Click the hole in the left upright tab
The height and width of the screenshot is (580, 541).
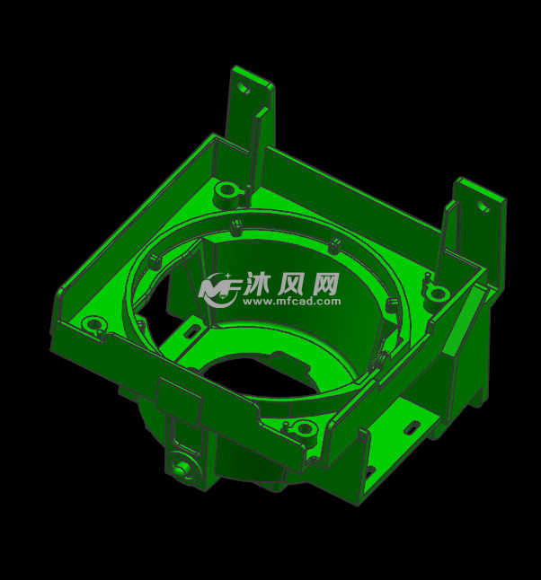[x=243, y=90]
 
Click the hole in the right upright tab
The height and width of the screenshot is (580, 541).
[x=483, y=207]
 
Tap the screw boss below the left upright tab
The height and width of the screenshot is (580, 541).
[x=225, y=190]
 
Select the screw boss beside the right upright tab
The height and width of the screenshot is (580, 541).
[x=438, y=294]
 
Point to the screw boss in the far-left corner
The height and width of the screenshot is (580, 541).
[x=91, y=323]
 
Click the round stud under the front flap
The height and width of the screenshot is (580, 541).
[x=184, y=467]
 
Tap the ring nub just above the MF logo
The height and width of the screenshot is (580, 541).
[x=236, y=224]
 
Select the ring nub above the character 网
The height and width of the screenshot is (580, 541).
[x=333, y=243]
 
